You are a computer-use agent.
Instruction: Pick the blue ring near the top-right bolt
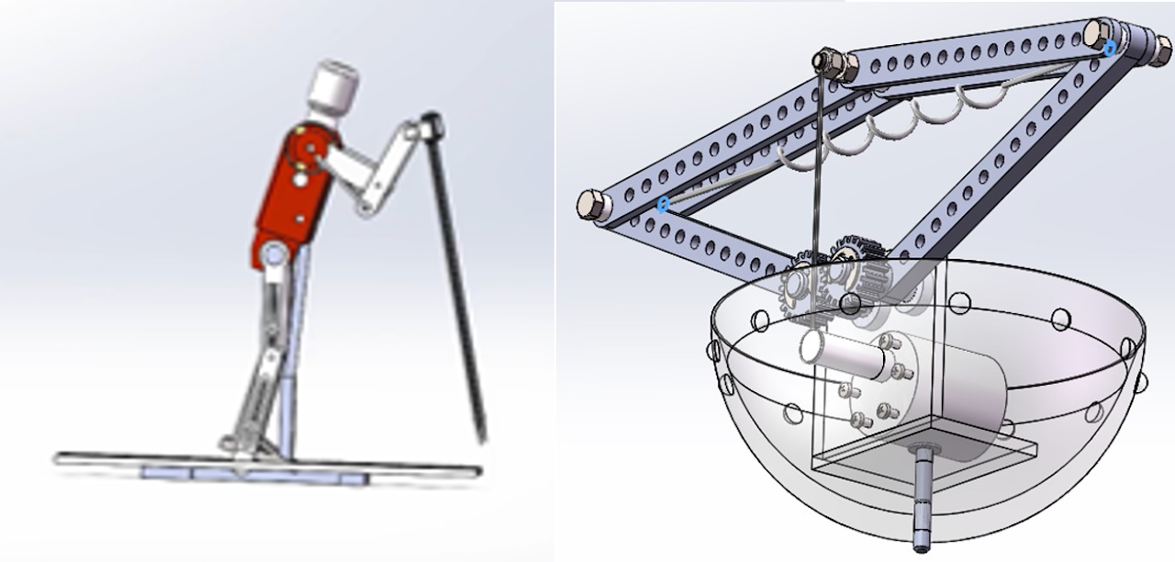(x=1111, y=48)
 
